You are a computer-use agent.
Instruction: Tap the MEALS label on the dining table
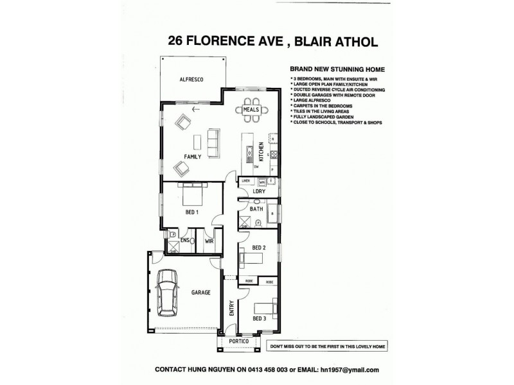coord(251,110)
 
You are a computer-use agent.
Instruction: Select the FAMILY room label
coord(193,156)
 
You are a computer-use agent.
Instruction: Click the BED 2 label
coord(259,248)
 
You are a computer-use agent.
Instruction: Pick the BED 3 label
coord(259,318)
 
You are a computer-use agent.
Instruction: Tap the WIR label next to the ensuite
coord(209,241)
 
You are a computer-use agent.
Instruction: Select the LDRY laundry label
coord(260,192)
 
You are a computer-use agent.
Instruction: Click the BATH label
coord(256,209)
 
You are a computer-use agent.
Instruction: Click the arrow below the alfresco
coord(195,108)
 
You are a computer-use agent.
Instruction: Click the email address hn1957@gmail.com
coord(348,370)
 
